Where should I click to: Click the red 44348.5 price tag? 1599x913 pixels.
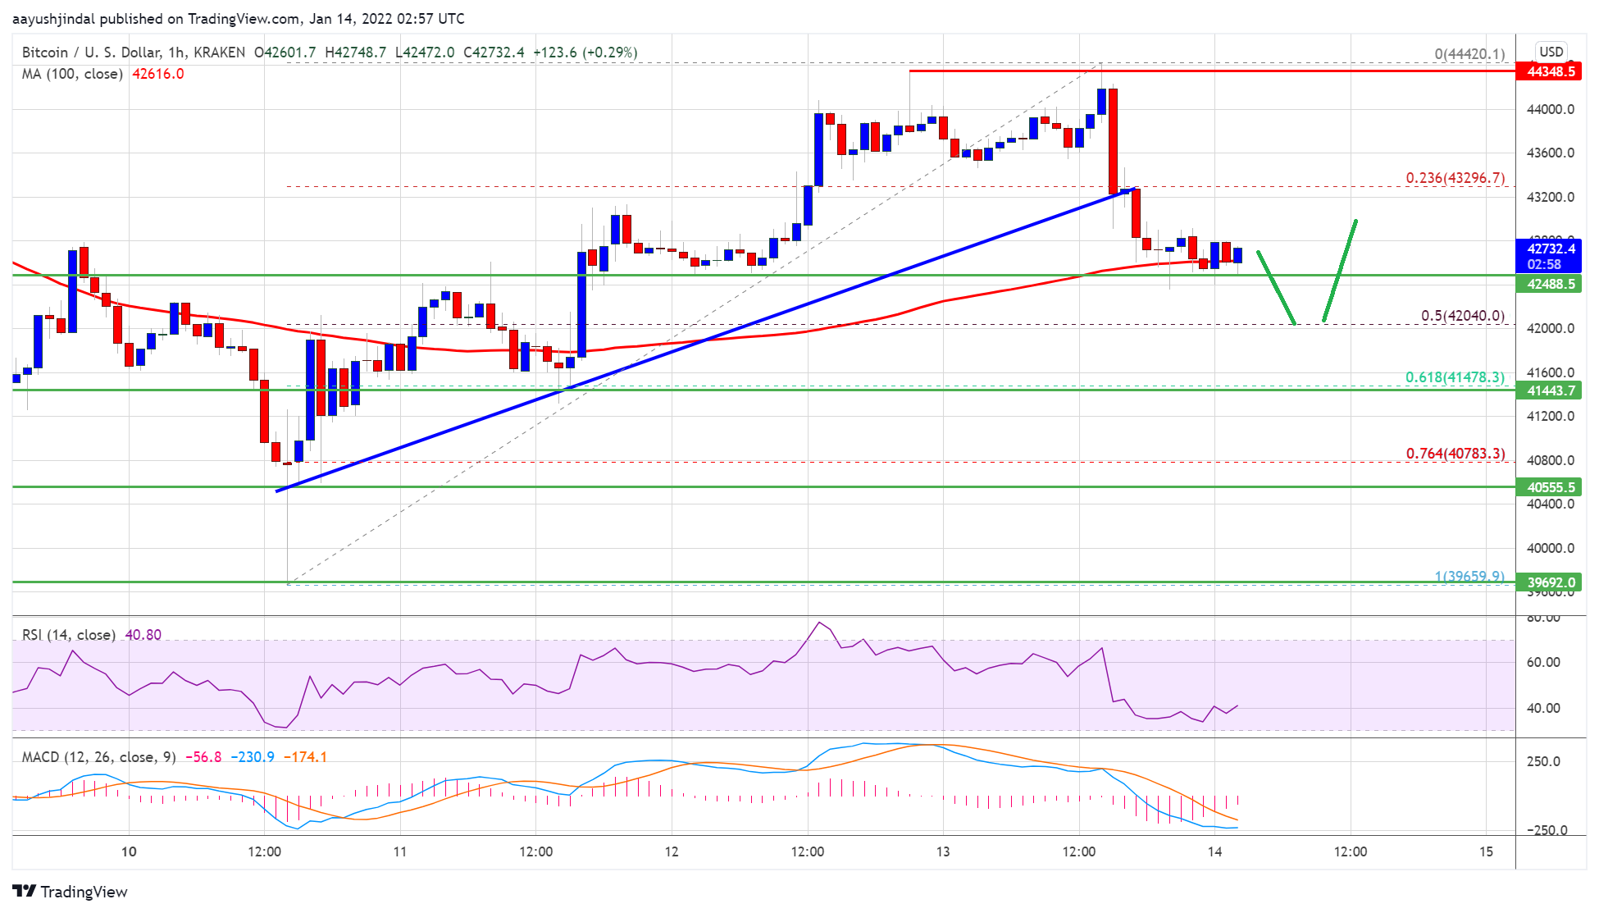tap(1551, 71)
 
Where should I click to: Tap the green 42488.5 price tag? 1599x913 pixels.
tap(1551, 284)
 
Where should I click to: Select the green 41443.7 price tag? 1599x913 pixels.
tap(1551, 390)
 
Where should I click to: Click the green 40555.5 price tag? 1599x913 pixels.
tap(1551, 487)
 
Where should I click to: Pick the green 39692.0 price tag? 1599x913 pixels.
tap(1551, 582)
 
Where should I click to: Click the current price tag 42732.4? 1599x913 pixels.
tap(1551, 249)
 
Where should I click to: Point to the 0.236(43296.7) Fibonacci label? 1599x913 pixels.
tap(1455, 178)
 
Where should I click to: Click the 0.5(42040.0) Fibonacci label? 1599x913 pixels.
tap(1462, 316)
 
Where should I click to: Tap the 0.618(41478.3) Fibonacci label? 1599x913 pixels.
tap(1455, 377)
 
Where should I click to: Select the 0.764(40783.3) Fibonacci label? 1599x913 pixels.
tap(1455, 454)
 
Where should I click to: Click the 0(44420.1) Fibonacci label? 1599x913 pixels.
tap(1469, 54)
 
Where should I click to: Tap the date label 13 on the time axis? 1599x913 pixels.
tap(943, 851)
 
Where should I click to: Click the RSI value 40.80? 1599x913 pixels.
tap(143, 635)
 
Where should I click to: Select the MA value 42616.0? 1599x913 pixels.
tap(158, 74)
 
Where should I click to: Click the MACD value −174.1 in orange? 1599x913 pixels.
tap(305, 757)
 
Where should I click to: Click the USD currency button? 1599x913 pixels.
tap(1551, 51)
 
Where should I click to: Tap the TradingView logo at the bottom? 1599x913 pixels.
tap(71, 892)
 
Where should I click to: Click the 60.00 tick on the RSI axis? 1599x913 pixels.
tap(1542, 662)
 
